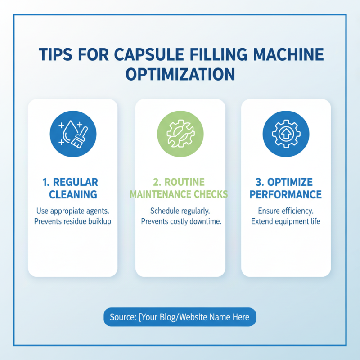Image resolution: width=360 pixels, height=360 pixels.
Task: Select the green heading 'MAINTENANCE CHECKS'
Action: click(x=179, y=194)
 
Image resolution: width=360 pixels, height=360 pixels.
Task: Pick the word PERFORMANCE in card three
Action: click(x=286, y=194)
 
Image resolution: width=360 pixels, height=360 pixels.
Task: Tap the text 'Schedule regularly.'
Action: click(x=180, y=211)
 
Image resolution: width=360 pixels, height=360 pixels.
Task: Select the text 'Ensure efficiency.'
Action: click(x=286, y=211)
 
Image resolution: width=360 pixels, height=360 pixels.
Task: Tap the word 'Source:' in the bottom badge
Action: click(x=123, y=317)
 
